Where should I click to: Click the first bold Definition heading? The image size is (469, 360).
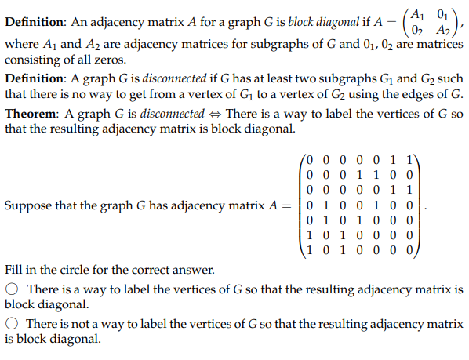[35, 23]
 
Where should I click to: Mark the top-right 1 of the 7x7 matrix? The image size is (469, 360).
[413, 158]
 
